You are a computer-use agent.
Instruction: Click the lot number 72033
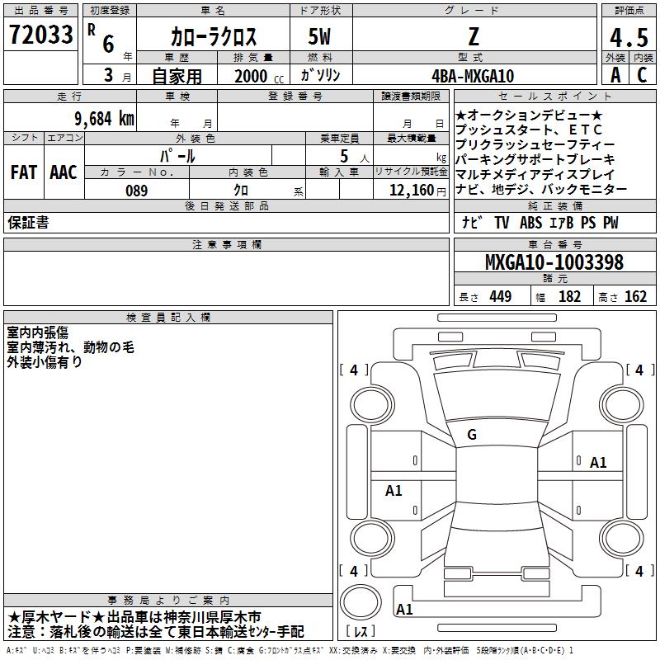coord(40,34)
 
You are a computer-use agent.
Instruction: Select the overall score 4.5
coord(629,37)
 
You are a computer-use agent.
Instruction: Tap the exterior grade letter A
coord(615,75)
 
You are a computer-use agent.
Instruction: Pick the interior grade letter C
coord(642,75)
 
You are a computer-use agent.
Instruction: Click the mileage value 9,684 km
coord(105,119)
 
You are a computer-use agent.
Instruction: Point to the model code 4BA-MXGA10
coord(473,76)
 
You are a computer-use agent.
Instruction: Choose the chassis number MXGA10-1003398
coord(554,262)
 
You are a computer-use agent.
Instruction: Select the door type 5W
coord(319,36)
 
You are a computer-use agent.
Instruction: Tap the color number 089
coord(137,191)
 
